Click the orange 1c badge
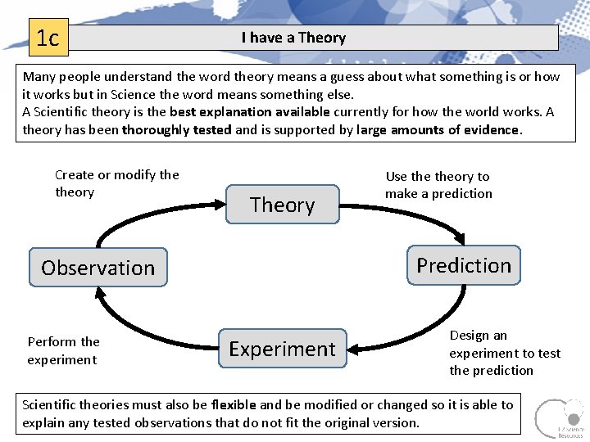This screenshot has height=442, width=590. [48, 38]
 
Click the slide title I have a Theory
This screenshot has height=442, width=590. [293, 38]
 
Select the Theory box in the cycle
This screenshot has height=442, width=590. [282, 205]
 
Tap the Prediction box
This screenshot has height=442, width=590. [463, 265]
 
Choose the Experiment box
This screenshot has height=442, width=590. [282, 349]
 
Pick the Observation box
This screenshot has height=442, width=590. [98, 268]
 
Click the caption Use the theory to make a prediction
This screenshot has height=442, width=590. [438, 185]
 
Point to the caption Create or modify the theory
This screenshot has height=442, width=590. [116, 183]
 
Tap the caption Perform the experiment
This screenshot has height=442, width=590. [63, 350]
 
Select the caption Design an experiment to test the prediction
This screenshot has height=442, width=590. [504, 353]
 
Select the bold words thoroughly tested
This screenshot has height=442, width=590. [176, 129]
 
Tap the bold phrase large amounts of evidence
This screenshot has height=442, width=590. [438, 129]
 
